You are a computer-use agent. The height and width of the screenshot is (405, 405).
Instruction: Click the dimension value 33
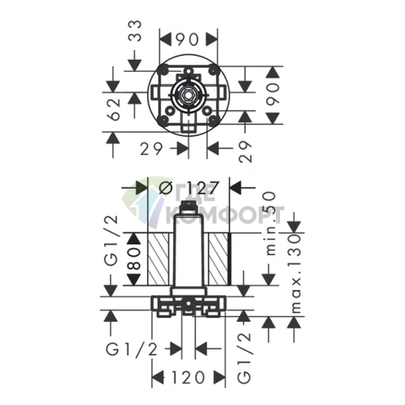(x=136, y=30)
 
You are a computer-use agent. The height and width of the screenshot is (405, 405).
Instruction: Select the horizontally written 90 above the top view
(x=188, y=40)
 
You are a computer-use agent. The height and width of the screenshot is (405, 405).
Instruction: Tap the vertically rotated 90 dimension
(x=273, y=95)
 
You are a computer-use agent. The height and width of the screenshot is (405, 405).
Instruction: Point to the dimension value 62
(x=113, y=109)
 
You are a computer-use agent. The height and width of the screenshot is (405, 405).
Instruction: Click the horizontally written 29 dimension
(x=151, y=149)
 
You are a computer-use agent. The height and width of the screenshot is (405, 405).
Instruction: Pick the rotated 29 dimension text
(x=246, y=152)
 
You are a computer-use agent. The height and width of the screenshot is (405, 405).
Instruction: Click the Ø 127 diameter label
(x=189, y=188)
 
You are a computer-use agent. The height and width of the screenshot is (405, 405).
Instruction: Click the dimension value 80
(x=134, y=258)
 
